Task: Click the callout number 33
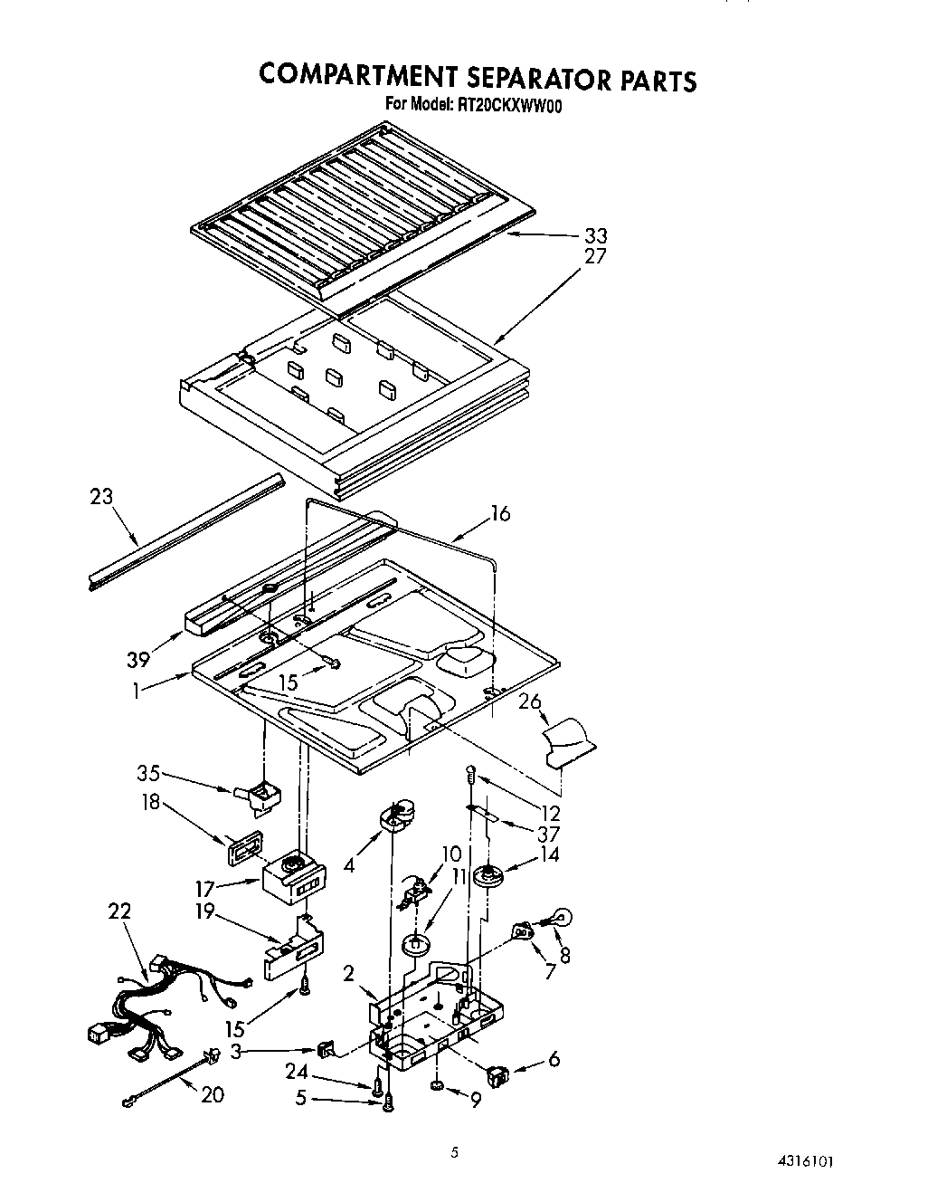pyautogui.click(x=595, y=236)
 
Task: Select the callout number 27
pyautogui.click(x=595, y=256)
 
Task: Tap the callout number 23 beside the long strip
pyautogui.click(x=102, y=497)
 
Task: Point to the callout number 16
pyautogui.click(x=500, y=514)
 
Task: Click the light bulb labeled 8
pyautogui.click(x=558, y=918)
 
